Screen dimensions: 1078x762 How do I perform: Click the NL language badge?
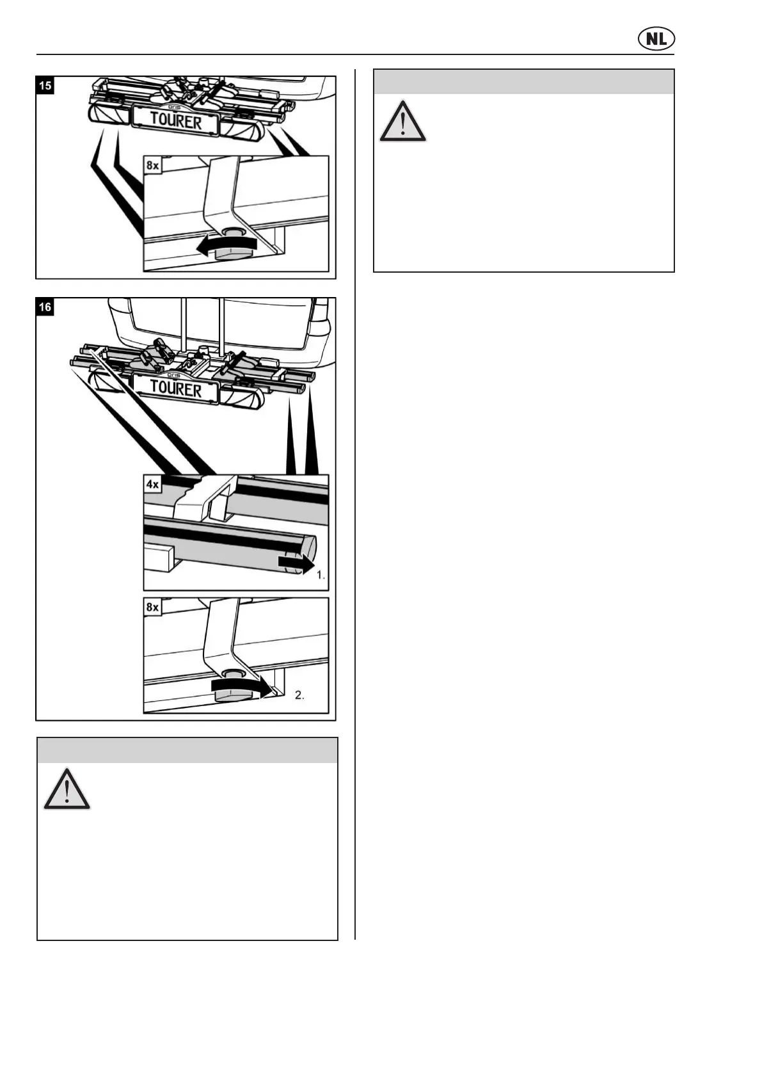click(656, 40)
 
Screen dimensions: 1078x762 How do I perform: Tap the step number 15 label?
click(45, 85)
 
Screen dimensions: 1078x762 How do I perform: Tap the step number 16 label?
click(45, 307)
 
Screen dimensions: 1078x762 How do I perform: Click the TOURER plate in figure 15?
click(176, 120)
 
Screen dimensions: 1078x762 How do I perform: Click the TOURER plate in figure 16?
click(176, 389)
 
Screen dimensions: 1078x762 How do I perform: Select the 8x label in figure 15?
click(153, 165)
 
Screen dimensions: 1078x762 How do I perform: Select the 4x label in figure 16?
click(153, 485)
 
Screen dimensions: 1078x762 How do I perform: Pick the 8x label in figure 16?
click(153, 607)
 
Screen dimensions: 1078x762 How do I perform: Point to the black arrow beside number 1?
click(296, 564)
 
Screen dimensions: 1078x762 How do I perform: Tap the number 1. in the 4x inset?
click(321, 575)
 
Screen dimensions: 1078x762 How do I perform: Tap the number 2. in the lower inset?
click(299, 695)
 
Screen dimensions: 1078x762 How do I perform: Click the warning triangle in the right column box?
click(402, 121)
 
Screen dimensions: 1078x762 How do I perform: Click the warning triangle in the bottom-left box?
click(67, 789)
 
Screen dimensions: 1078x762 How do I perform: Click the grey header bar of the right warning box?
click(523, 82)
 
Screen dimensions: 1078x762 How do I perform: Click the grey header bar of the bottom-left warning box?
click(187, 750)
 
